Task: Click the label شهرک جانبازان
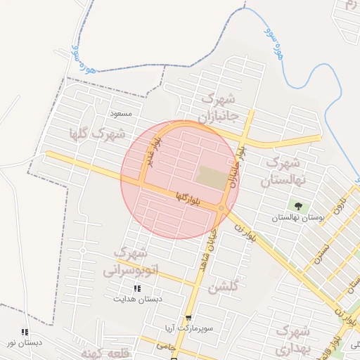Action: [219, 107]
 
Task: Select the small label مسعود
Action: [121, 112]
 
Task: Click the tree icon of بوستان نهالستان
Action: [299, 207]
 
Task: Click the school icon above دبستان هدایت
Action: [137, 288]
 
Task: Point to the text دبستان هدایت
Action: [138, 299]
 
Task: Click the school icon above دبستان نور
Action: [25, 332]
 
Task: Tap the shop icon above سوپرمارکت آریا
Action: [188, 318]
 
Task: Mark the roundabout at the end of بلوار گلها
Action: [221, 208]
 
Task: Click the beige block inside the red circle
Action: [212, 177]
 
